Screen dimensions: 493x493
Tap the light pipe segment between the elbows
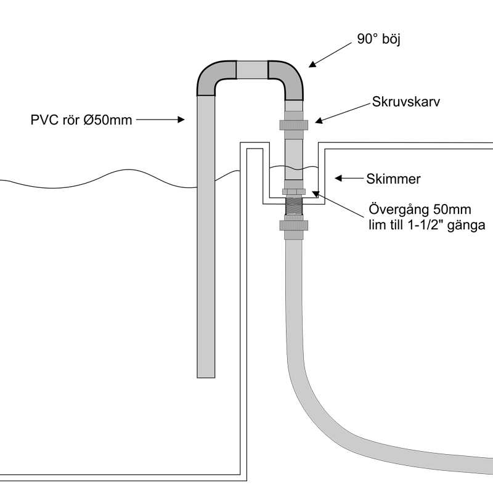pos(252,69)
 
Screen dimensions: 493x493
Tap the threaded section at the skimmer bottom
pos(294,204)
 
